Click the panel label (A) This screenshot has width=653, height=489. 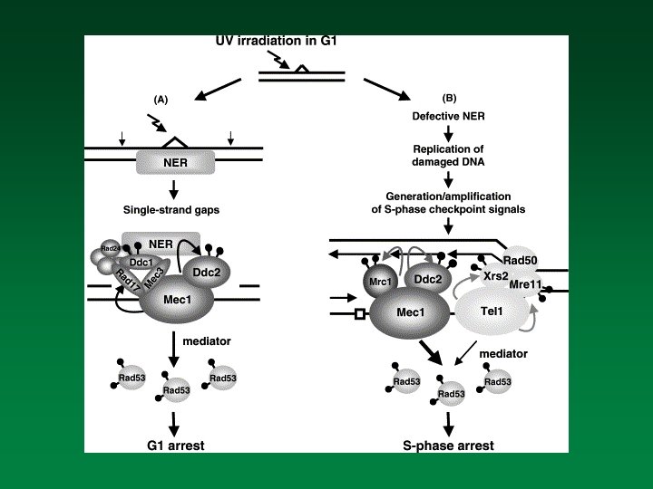pos(161,101)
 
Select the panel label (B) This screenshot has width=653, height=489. pos(449,97)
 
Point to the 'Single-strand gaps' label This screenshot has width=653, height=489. pos(172,209)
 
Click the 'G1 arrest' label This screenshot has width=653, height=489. pos(176,445)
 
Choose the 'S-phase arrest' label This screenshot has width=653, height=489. pos(448,445)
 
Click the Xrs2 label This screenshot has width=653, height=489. pos(496,275)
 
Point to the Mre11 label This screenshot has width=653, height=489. pos(528,284)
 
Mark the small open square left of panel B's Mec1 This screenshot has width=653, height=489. pos(360,314)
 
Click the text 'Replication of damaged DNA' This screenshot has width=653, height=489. pos(446,155)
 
